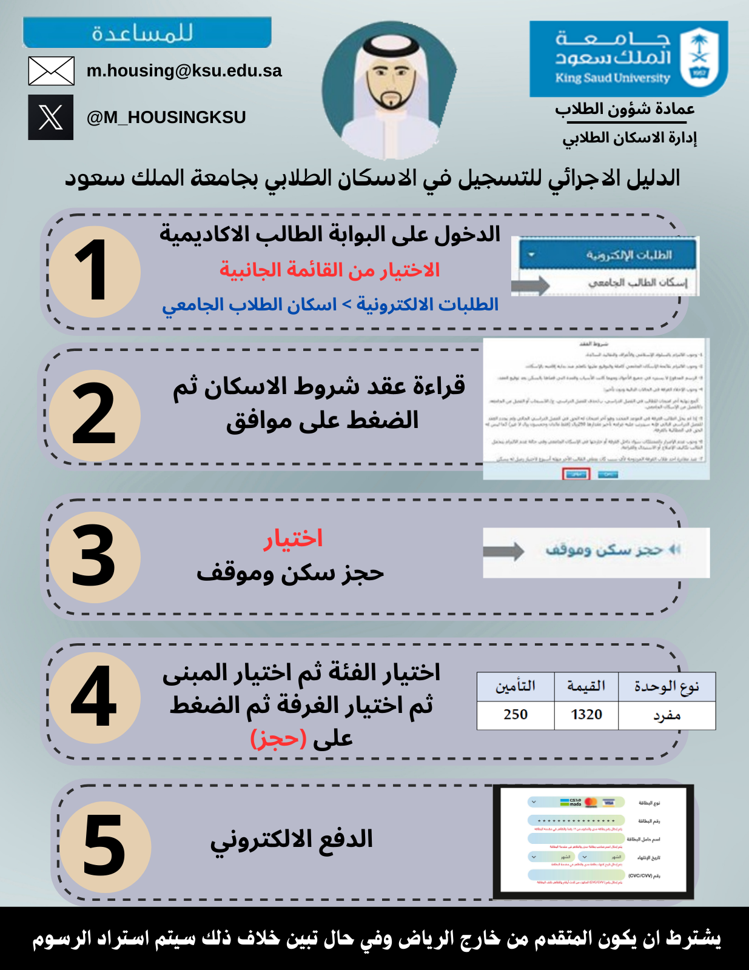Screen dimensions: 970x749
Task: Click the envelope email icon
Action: point(52,71)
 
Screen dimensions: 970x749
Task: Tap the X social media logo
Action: point(51,117)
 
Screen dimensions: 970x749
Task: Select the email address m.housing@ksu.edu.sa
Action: point(184,71)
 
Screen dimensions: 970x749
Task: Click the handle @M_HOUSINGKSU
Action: point(166,117)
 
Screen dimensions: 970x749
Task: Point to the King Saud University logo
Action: point(628,59)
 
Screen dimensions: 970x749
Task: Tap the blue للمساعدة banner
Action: point(147,33)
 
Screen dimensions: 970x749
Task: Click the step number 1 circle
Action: point(94,271)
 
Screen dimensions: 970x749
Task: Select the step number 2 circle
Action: point(94,415)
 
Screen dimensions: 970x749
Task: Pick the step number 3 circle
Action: point(94,557)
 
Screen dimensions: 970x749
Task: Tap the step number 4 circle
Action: point(94,697)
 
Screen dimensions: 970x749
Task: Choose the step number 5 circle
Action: point(104,846)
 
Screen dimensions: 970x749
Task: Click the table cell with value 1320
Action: point(586,715)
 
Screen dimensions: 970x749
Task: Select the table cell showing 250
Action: point(516,715)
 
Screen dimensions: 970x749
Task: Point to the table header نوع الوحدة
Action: point(667,687)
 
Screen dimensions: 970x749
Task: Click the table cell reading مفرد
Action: point(667,715)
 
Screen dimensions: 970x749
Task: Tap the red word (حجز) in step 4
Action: point(278,738)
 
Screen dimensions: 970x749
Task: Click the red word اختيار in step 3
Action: point(292,539)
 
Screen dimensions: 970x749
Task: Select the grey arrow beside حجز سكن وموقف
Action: point(503,551)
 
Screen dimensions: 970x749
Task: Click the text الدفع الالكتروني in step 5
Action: point(292,840)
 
